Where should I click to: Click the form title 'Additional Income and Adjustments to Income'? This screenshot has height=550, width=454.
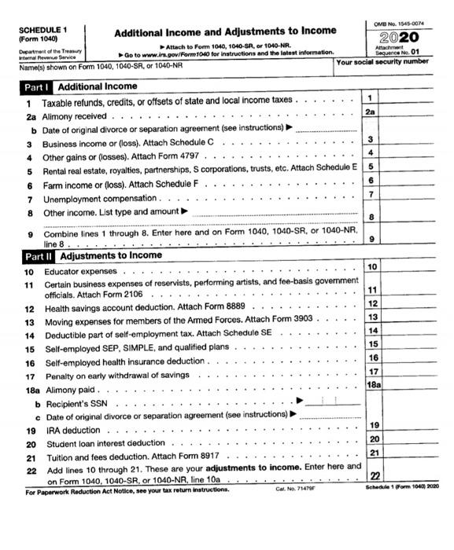pyautogui.click(x=225, y=32)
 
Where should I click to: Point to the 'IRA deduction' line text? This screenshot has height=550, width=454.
pyautogui.click(x=72, y=431)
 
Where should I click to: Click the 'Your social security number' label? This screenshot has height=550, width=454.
pyautogui.click(x=383, y=61)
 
